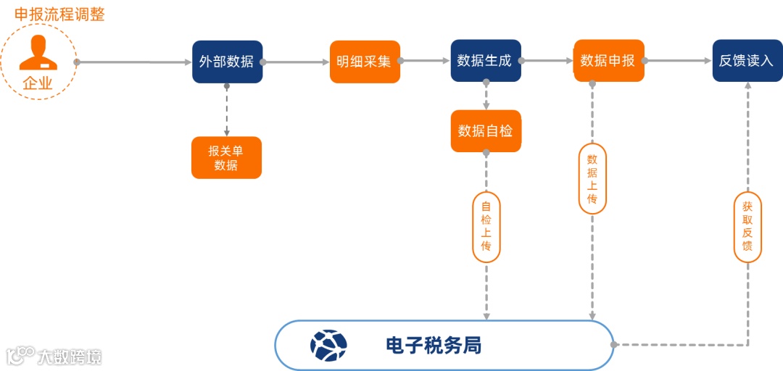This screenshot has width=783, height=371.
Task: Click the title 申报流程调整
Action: point(59,14)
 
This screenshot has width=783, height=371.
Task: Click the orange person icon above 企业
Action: point(38,52)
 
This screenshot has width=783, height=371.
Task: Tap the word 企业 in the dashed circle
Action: point(38,83)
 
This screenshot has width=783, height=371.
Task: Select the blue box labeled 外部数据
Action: point(227,62)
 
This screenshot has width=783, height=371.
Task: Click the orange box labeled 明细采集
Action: point(364,62)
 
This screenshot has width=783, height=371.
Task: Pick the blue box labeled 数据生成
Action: point(485,61)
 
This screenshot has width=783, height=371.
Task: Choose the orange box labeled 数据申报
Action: point(608,61)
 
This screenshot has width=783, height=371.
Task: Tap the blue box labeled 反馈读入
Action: point(747,61)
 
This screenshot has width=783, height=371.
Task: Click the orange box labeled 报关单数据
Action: point(226,158)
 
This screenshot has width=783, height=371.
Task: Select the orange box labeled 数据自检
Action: point(486,131)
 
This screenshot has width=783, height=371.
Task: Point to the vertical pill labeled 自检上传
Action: point(486,227)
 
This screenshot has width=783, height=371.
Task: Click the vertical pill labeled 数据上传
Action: point(592,178)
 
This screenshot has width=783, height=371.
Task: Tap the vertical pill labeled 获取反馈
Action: point(747,226)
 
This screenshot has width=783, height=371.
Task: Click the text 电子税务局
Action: point(434,346)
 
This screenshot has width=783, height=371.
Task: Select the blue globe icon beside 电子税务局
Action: point(328,346)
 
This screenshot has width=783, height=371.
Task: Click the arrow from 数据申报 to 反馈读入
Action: point(678,62)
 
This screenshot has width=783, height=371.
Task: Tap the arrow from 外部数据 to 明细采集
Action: point(296,62)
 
